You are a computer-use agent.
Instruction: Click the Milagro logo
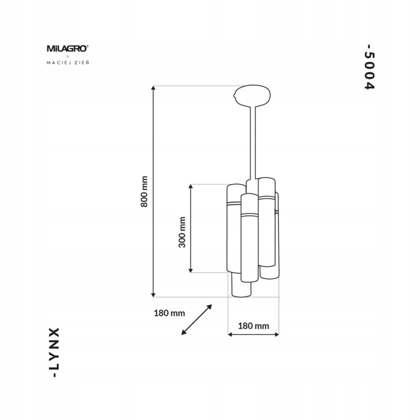68,49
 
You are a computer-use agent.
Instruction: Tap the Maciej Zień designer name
68,62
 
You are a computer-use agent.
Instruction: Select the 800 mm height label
144,192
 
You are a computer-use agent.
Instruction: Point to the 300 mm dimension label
182,232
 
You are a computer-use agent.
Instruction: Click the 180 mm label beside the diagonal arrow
169,313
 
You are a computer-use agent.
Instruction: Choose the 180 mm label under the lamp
254,325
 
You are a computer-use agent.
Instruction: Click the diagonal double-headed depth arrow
196,320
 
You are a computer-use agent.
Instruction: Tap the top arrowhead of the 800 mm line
153,88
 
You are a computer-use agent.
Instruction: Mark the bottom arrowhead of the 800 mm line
153,295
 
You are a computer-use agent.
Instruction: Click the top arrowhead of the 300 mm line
191,187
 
